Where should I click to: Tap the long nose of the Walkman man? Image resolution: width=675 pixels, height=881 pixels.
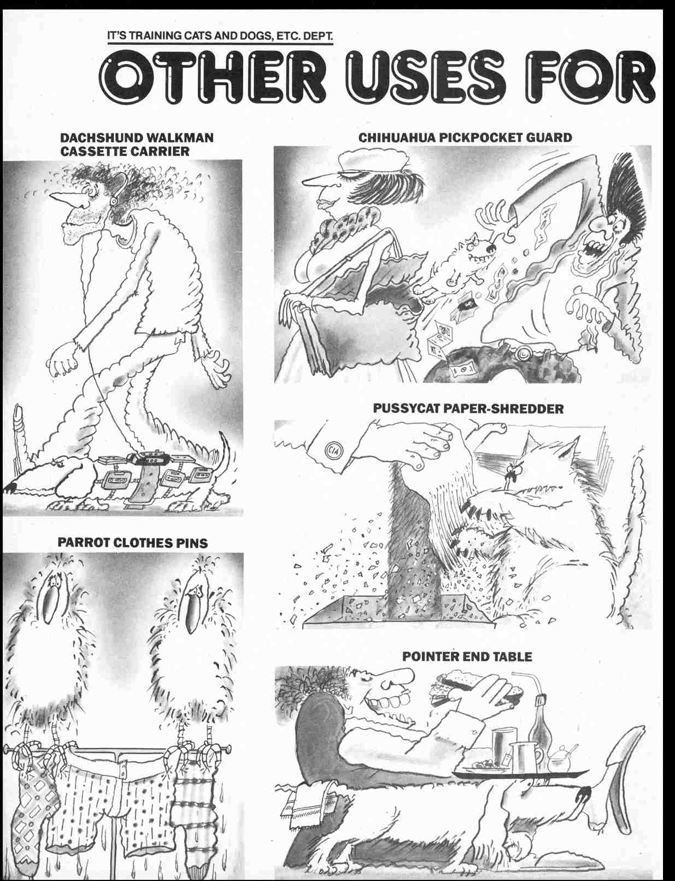61,199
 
